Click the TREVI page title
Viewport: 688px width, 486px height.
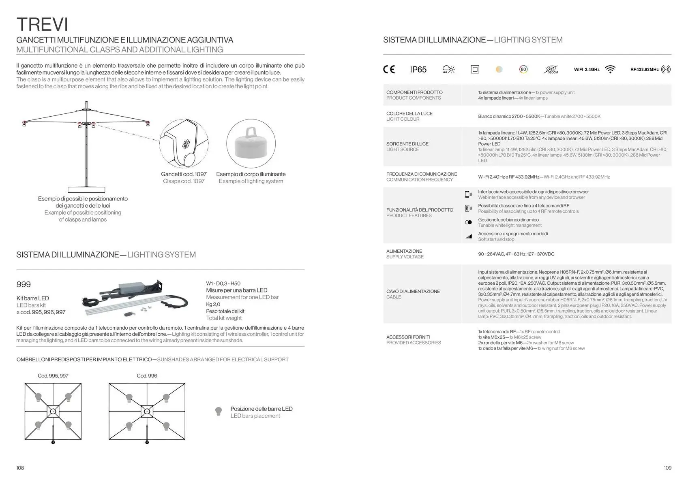pyautogui.click(x=42, y=24)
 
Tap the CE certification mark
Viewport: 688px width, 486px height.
pyautogui.click(x=389, y=70)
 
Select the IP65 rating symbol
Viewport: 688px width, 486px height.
pyautogui.click(x=418, y=70)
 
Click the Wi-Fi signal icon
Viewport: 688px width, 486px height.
pyautogui.click(x=610, y=70)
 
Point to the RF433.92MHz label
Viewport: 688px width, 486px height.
pyautogui.click(x=644, y=70)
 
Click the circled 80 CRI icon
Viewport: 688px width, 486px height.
pyautogui.click(x=523, y=70)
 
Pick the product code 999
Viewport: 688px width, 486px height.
pyautogui.click(x=24, y=284)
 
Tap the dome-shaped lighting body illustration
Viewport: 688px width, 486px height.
pyautogui.click(x=251, y=144)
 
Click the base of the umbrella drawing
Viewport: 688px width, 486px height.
pyautogui.click(x=86, y=189)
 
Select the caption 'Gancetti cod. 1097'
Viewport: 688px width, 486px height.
pyautogui.click(x=184, y=174)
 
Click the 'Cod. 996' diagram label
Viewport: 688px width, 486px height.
pyautogui.click(x=147, y=376)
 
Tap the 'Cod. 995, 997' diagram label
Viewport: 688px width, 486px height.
pyautogui.click(x=53, y=376)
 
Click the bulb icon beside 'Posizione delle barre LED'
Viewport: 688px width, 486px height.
pyautogui.click(x=219, y=412)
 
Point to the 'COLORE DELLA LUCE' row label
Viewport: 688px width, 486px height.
pyautogui.click(x=409, y=113)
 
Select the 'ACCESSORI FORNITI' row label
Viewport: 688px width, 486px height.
pyautogui.click(x=408, y=337)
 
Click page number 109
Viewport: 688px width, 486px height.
pyautogui.click(x=667, y=468)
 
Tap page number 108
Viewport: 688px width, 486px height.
pyautogui.click(x=20, y=468)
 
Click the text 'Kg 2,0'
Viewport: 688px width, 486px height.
pyautogui.click(x=213, y=304)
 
